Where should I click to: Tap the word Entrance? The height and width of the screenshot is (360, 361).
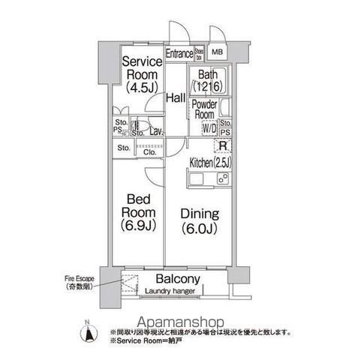179,53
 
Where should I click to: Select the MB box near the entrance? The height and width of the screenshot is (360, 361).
217,53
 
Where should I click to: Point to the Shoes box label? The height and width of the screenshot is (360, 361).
200,53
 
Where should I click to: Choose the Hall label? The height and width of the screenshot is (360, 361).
176,98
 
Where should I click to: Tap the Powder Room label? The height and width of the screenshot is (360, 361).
204,109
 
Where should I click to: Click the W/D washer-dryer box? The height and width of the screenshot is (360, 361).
209,127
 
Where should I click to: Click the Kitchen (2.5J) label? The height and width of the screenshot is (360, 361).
211,163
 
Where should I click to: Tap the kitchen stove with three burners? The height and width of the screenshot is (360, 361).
223,178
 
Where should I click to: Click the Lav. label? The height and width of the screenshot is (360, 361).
156,132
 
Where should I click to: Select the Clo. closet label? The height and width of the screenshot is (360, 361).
149,151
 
